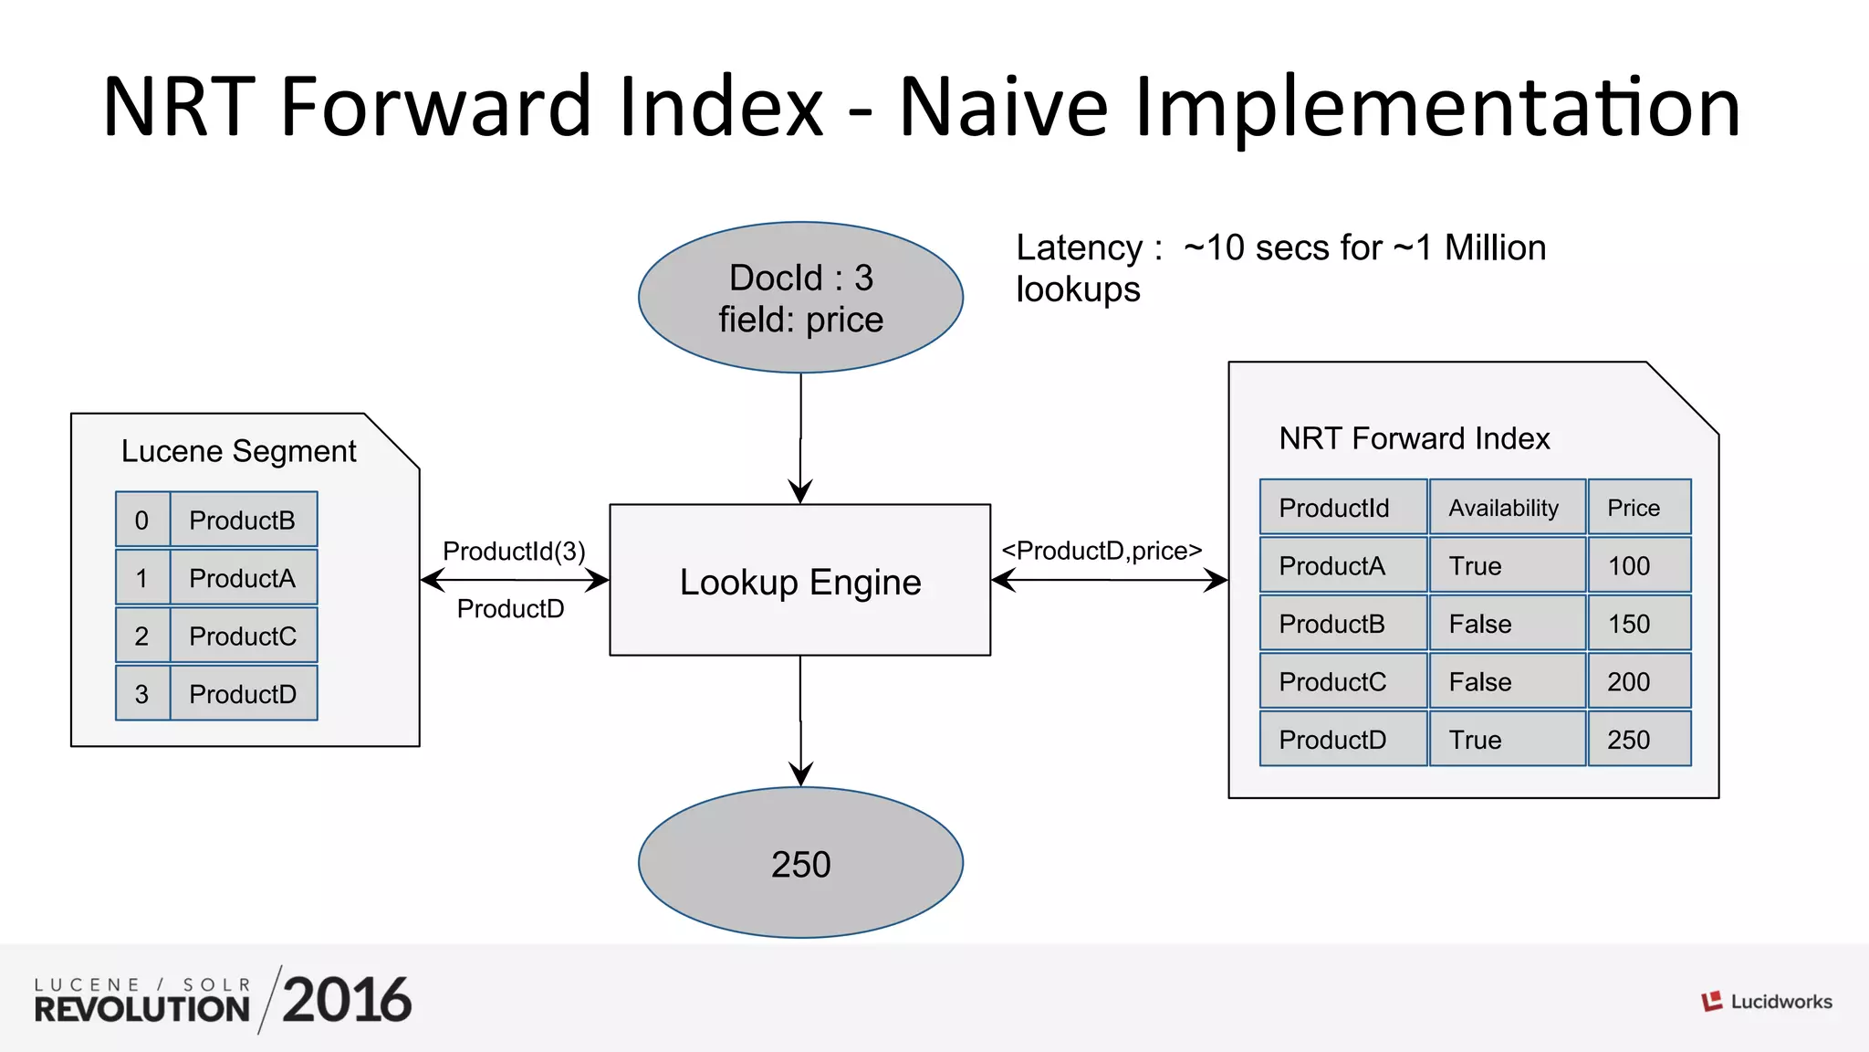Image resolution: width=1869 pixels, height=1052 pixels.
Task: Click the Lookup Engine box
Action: [799, 581]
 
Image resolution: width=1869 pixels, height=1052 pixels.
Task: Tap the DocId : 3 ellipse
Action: [800, 298]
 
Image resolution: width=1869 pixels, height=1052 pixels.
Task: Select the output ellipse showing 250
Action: [800, 863]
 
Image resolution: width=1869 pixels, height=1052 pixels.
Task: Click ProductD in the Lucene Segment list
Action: [243, 694]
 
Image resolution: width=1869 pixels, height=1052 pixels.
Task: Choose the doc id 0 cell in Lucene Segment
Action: [142, 521]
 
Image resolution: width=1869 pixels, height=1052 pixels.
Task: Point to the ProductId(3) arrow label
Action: [514, 551]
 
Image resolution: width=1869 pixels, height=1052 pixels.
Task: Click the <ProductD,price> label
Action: [1102, 551]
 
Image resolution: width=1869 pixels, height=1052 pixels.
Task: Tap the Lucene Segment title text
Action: [238, 451]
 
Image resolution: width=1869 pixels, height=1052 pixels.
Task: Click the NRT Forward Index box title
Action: [1414, 438]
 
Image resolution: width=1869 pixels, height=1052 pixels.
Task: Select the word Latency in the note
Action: [1079, 248]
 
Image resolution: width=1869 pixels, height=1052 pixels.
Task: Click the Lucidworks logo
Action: [1766, 1002]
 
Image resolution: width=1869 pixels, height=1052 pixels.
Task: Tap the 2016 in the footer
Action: [347, 1001]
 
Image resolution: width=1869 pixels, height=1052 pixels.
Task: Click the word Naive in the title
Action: [1003, 107]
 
